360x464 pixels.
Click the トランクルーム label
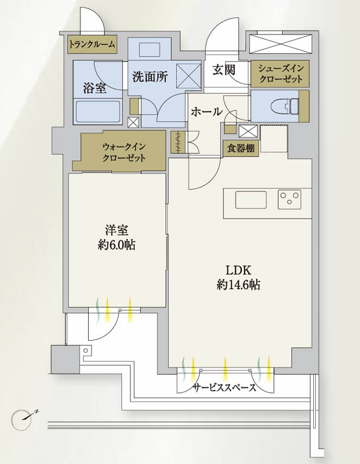(92, 45)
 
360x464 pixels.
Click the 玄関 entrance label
(223, 71)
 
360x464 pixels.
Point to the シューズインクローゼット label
(280, 73)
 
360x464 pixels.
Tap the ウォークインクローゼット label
(123, 152)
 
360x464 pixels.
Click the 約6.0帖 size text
(117, 245)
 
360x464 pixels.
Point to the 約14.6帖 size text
(238, 284)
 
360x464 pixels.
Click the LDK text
(238, 270)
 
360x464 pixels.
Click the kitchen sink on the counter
(251, 200)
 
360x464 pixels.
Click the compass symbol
(24, 417)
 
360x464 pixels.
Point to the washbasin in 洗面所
(150, 49)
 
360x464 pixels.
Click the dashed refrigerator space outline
(273, 139)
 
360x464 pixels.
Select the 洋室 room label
(117, 230)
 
